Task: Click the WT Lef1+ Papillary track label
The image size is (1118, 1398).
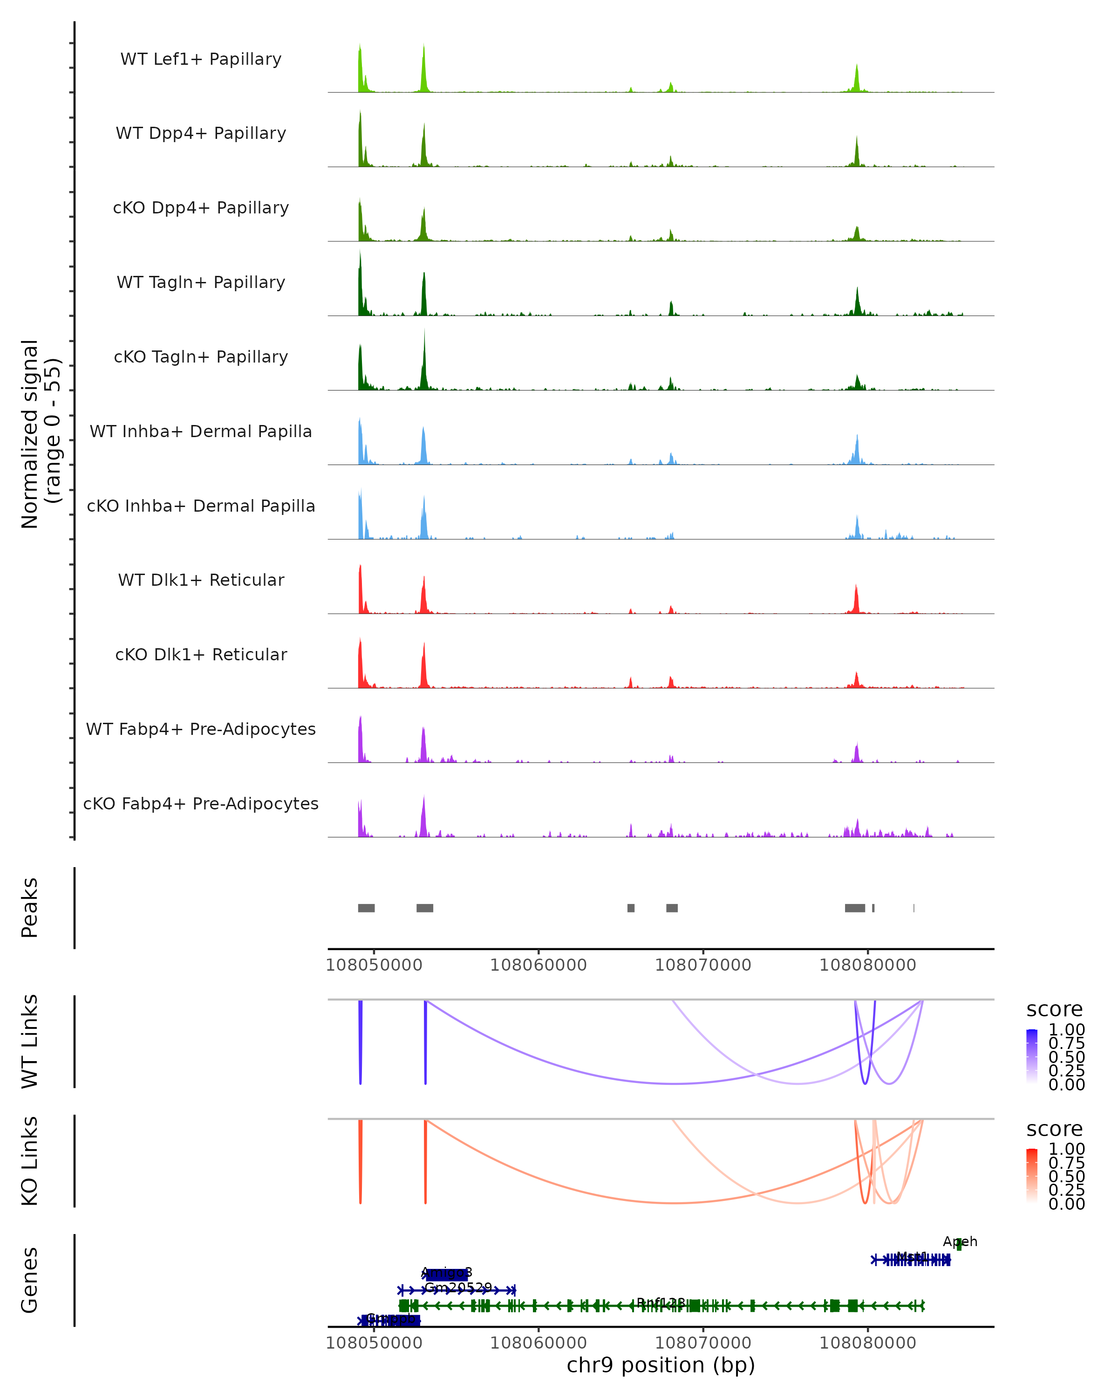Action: point(201,59)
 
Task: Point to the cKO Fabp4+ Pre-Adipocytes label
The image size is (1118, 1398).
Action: point(201,803)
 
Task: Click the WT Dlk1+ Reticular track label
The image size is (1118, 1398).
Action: point(201,580)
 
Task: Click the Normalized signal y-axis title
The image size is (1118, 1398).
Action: point(40,434)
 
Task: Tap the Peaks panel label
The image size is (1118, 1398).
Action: point(30,908)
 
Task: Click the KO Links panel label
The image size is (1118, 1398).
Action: point(30,1161)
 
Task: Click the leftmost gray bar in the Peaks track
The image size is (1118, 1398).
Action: point(366,908)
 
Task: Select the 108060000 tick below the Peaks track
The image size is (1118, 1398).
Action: point(538,965)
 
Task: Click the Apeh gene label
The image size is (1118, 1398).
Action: point(960,1242)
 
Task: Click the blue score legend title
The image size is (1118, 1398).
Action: point(1055,1010)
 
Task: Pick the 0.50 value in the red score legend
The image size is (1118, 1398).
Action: point(1066,1176)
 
